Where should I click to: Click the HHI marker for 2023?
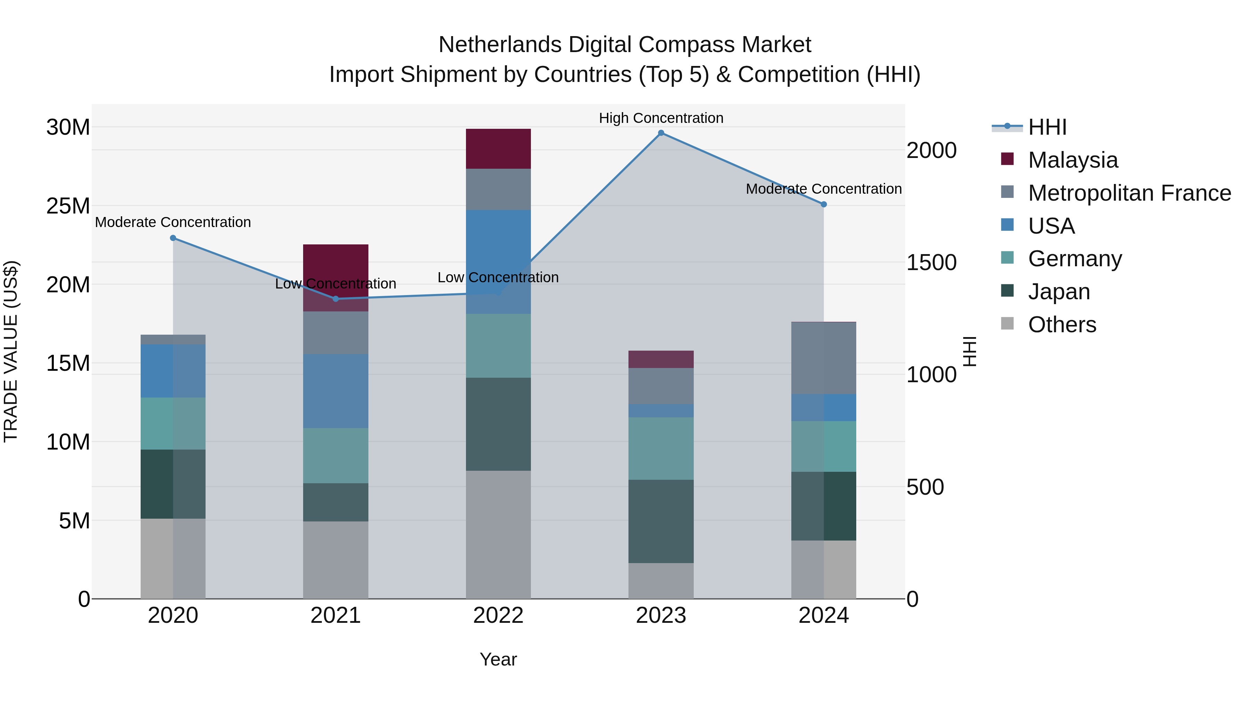tap(661, 133)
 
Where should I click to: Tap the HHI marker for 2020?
tap(173, 238)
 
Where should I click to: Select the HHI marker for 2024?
tap(824, 204)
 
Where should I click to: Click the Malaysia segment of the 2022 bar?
tap(498, 149)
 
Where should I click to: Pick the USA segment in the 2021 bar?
tap(336, 391)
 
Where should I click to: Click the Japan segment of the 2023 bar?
tap(661, 521)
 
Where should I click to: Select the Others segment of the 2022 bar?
tap(498, 534)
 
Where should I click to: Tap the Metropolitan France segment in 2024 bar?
tap(824, 358)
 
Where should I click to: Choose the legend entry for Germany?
tap(1075, 259)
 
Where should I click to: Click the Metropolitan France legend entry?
tap(1129, 193)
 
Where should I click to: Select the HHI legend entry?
tap(1047, 127)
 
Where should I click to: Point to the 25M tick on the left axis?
tap(68, 206)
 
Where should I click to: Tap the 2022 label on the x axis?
tap(498, 616)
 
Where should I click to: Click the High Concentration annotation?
tap(661, 118)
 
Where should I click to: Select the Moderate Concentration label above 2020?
tap(173, 222)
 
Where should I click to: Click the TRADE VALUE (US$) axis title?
tap(11, 351)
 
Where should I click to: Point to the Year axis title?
tap(498, 659)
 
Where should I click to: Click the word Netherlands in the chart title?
tap(500, 45)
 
